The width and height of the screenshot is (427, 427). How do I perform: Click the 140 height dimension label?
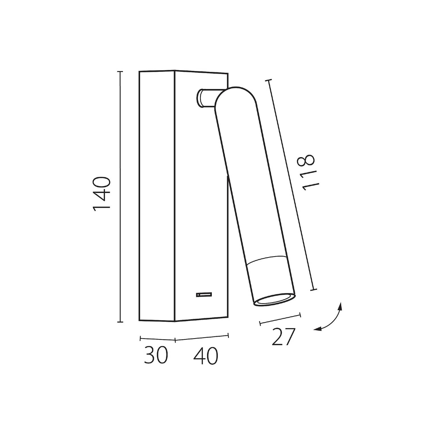(x=102, y=194)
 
